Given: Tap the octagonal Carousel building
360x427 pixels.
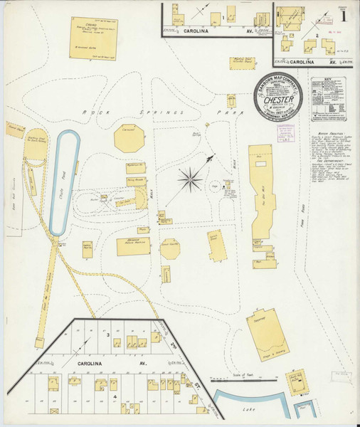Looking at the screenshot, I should coord(129,138).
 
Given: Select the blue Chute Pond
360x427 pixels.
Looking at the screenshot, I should coord(65,182).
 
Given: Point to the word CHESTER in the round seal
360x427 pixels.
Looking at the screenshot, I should coord(274,100).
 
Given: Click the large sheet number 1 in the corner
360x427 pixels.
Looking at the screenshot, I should coord(344,14).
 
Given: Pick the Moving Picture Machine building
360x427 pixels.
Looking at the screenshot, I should coord(133,246).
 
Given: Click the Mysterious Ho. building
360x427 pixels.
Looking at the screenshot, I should coord(136,168).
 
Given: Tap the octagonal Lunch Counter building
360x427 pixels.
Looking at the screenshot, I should coord(169,248).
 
